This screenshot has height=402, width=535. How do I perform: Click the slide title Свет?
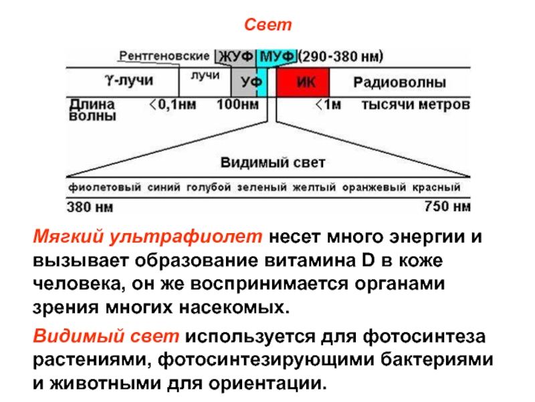(x=267, y=25)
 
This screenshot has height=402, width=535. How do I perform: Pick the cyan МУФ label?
(x=277, y=56)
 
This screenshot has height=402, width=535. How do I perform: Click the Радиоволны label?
(x=400, y=82)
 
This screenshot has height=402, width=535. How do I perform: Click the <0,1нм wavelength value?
(x=172, y=105)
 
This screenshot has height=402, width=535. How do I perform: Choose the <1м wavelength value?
(x=328, y=105)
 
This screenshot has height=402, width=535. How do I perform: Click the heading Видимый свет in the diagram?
(x=273, y=163)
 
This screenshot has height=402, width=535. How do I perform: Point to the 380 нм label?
(x=89, y=206)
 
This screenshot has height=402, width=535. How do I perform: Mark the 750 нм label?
(x=447, y=206)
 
